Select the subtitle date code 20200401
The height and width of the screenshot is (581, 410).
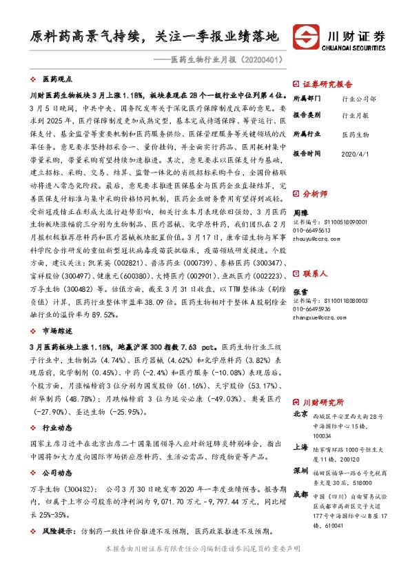click(x=261, y=60)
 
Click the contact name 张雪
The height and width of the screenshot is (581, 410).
click(x=301, y=273)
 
